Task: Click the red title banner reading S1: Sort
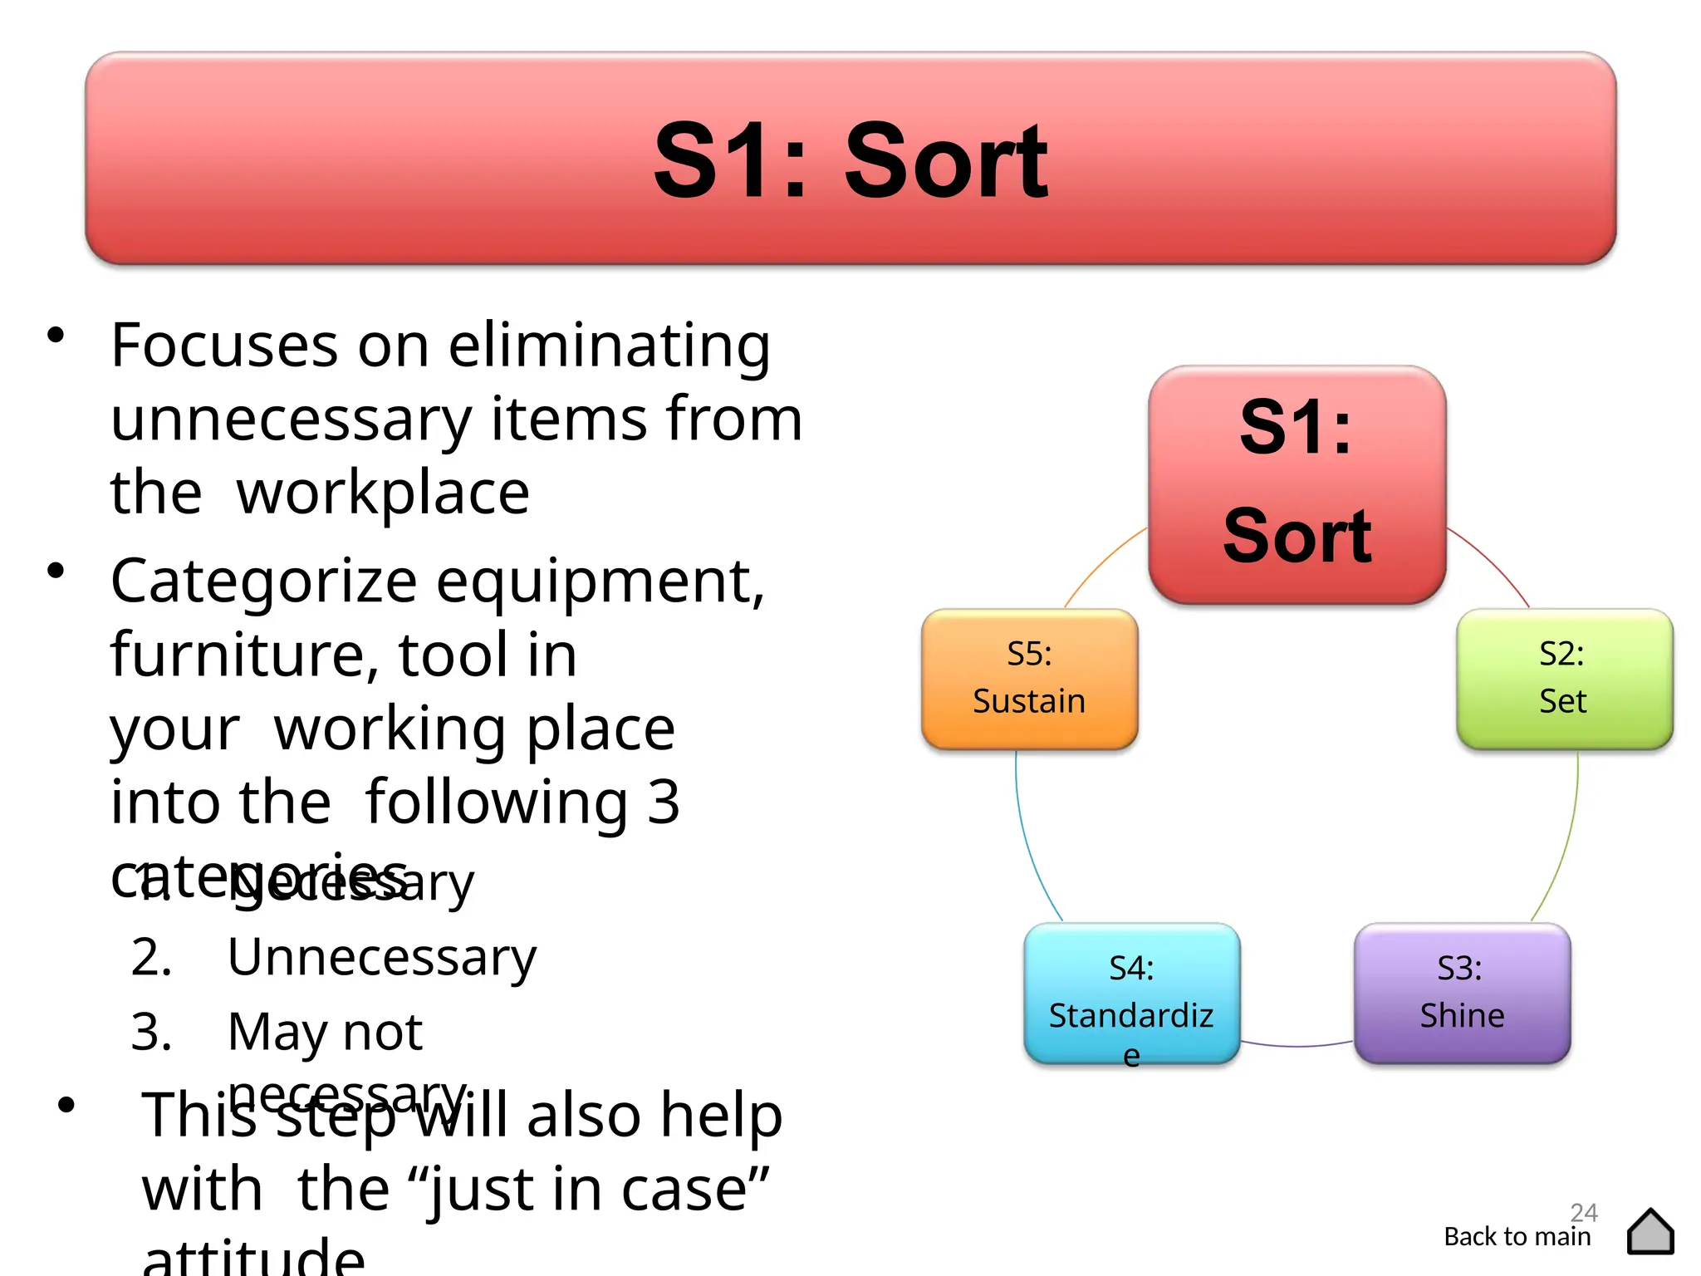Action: coord(850,158)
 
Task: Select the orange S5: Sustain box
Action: coord(1029,679)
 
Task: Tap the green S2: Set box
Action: coord(1564,679)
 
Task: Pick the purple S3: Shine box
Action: coord(1462,993)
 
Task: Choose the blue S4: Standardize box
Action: coord(1131,993)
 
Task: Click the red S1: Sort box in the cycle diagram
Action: coord(1297,484)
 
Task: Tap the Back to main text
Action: coord(1517,1237)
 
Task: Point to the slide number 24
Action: coord(1583,1212)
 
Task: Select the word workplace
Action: coord(383,493)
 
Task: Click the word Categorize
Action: coord(263,582)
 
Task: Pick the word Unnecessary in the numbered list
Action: coord(382,958)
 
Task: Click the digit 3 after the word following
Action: coord(664,802)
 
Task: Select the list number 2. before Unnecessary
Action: coord(151,958)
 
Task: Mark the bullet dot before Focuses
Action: coord(56,336)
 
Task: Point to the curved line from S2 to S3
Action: coord(1566,839)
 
